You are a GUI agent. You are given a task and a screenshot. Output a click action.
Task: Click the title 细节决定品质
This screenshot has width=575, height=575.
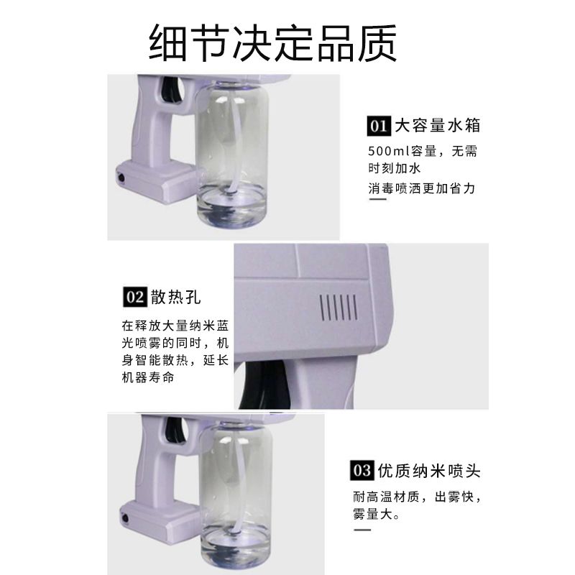pyautogui.click(x=273, y=43)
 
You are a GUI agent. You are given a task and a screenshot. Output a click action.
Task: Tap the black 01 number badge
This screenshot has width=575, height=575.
pyautogui.click(x=379, y=126)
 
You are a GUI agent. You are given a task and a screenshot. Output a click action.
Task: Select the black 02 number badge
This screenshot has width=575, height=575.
pyautogui.click(x=135, y=297)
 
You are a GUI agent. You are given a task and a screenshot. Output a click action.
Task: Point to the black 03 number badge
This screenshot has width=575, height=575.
pyautogui.click(x=362, y=470)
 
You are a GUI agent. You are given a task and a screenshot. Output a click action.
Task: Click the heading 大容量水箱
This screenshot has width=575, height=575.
pyautogui.click(x=438, y=126)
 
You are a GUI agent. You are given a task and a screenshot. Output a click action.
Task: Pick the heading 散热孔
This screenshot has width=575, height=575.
pyautogui.click(x=176, y=297)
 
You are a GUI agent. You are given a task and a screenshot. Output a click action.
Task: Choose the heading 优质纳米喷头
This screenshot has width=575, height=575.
pyautogui.click(x=429, y=471)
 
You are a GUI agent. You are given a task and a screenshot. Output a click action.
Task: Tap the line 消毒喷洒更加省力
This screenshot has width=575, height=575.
pyautogui.click(x=422, y=188)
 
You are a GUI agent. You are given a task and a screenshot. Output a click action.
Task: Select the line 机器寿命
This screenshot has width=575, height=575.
pyautogui.click(x=148, y=377)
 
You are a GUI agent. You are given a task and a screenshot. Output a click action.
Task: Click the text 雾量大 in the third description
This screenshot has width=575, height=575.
pyautogui.click(x=372, y=514)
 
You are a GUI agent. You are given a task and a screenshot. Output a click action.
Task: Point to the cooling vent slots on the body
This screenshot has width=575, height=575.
pyautogui.click(x=339, y=307)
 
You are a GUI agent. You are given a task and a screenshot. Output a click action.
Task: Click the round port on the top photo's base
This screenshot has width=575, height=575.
pyautogui.click(x=121, y=179)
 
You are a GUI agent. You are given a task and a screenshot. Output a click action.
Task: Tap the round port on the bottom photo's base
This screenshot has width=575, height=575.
pyautogui.click(x=125, y=518)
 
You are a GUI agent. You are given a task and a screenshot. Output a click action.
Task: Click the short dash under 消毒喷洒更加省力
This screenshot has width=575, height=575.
pyautogui.click(x=377, y=199)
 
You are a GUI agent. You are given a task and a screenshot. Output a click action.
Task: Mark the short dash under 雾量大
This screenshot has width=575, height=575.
pyautogui.click(x=362, y=530)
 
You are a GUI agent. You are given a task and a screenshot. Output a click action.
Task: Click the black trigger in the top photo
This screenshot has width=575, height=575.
pyautogui.click(x=173, y=89)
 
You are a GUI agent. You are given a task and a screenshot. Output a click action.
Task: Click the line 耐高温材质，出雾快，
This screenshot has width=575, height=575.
pyautogui.click(x=417, y=497)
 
